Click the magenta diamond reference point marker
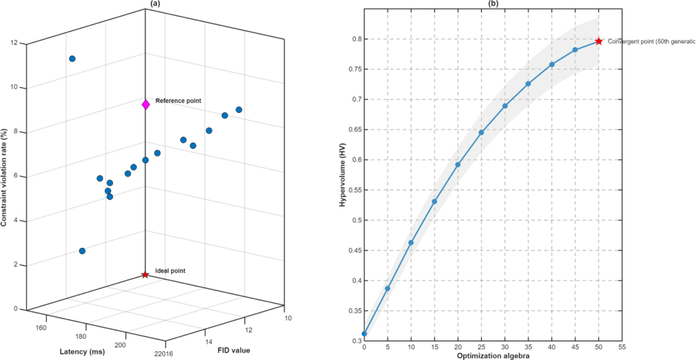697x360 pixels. [x=146, y=105]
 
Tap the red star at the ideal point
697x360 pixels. [x=145, y=275]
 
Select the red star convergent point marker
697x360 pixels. [x=598, y=41]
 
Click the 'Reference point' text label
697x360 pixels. [x=178, y=100]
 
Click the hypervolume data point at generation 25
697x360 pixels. [x=482, y=132]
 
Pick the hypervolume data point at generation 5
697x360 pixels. [x=387, y=289]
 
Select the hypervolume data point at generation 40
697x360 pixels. [x=552, y=64]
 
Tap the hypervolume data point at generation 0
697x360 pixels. [x=364, y=334]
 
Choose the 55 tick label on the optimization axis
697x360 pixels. [x=622, y=347]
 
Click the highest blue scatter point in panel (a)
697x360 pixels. [x=72, y=59]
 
